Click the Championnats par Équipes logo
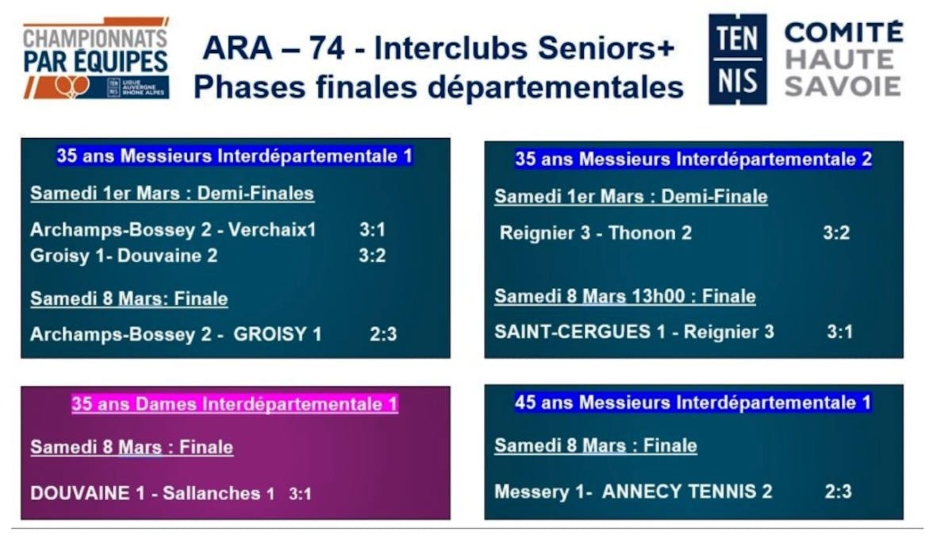tap(96, 58)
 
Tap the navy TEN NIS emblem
tap(738, 59)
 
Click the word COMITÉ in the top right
tap(843, 32)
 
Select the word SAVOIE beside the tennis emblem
tap(843, 87)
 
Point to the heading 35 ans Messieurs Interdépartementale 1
tap(235, 156)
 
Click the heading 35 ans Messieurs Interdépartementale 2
tap(693, 159)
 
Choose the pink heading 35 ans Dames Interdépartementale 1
tap(235, 404)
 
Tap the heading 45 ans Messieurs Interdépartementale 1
tap(693, 403)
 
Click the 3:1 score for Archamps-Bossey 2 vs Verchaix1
tap(372, 229)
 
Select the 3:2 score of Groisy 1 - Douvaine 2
tap(372, 256)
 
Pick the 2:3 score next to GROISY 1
tap(383, 334)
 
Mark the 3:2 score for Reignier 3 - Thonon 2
tap(836, 233)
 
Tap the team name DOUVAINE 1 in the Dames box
tap(87, 493)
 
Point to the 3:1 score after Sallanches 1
tap(300, 494)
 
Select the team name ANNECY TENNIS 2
tap(687, 491)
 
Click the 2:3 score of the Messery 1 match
tap(838, 491)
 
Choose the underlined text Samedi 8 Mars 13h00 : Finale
tap(625, 296)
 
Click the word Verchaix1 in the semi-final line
tap(272, 229)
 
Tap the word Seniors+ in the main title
tap(606, 48)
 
